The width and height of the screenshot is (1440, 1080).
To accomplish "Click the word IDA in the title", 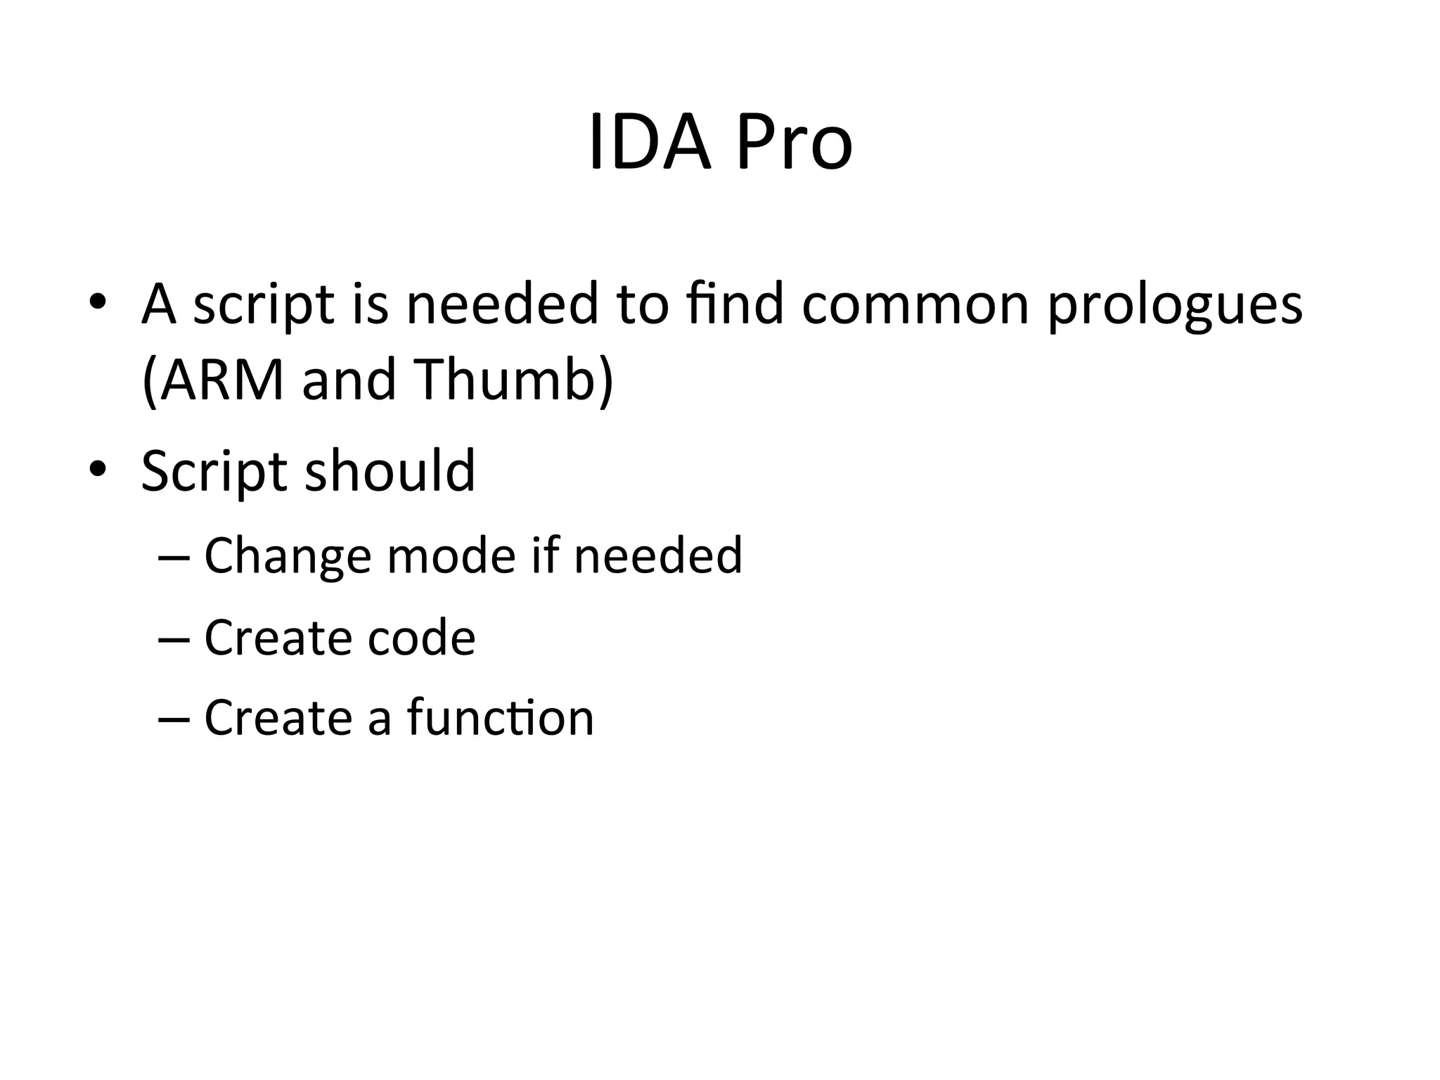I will tap(650, 143).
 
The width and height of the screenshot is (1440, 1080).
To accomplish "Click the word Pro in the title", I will tap(794, 143).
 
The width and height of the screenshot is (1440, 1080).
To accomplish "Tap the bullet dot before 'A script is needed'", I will tap(98, 302).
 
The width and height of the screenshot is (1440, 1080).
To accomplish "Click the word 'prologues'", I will tap(1174, 307).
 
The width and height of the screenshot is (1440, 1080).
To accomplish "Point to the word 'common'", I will tap(915, 305).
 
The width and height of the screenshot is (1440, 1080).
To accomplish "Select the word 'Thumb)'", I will tap(513, 380).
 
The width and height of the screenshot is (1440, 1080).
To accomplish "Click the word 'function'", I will tap(501, 718).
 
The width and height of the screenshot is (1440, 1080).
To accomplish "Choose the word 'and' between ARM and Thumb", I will tap(349, 380).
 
